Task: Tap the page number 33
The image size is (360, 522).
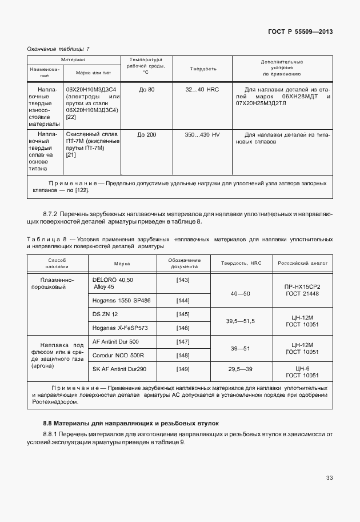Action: point(329,477)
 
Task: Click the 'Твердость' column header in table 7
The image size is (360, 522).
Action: point(203,69)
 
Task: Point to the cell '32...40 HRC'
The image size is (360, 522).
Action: point(203,90)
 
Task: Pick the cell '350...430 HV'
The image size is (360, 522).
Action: point(203,134)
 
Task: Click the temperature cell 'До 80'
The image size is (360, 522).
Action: point(146,90)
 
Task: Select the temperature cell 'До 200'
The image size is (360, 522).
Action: point(146,134)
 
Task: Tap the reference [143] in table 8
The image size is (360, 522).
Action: point(183,280)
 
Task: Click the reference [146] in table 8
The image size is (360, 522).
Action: point(183,328)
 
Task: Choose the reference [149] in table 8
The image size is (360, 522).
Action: point(183,369)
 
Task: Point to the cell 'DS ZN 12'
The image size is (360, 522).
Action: point(105,314)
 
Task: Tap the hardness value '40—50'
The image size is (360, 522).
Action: point(240,293)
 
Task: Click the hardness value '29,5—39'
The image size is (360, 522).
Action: point(240,369)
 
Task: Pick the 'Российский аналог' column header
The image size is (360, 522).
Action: point(302,264)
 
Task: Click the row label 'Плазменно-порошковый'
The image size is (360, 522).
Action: point(57,283)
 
